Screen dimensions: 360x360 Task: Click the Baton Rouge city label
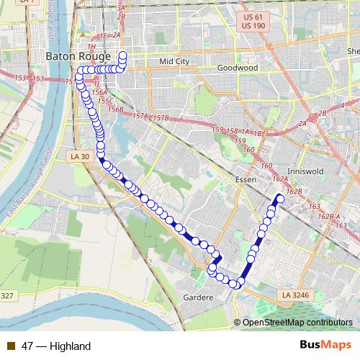coord(77,55)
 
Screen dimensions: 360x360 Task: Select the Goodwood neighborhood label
coord(238,67)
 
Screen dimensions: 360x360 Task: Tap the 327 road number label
coord(7,296)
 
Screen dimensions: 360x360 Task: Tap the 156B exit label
coord(115,109)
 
